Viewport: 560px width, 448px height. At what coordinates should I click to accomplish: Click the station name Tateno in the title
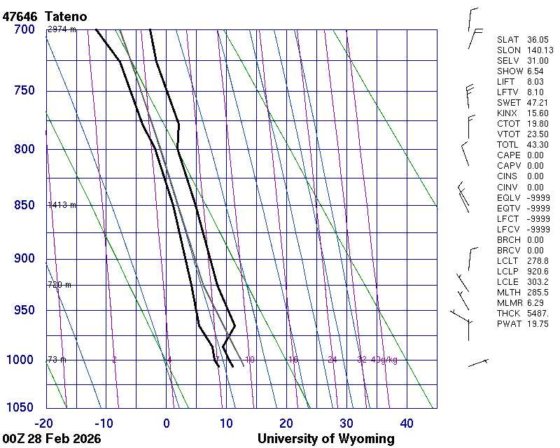point(68,15)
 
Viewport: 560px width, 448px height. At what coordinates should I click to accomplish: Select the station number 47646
point(20,15)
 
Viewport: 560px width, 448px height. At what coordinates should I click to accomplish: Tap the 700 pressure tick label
point(24,29)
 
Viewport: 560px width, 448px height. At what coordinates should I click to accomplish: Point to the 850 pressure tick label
point(24,205)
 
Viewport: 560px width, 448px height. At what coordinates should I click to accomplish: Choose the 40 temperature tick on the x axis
point(406,423)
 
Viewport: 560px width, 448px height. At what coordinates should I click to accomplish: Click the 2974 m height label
point(62,29)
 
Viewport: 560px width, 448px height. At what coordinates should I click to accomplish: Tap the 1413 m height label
point(62,205)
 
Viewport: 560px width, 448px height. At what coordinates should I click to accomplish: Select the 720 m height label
point(59,285)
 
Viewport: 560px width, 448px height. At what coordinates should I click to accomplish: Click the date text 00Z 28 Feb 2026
point(52,440)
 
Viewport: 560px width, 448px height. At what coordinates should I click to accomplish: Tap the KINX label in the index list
point(507,113)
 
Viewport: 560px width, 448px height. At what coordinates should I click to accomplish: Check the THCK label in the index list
point(507,313)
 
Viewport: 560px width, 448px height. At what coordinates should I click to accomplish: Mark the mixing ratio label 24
point(332,360)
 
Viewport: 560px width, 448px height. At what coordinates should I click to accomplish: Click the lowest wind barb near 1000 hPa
point(477,363)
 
